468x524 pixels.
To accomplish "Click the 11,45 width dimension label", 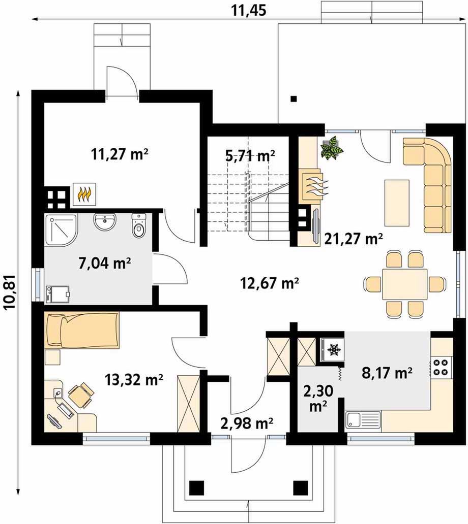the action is (x=248, y=10).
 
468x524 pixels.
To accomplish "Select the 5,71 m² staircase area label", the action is (x=250, y=156).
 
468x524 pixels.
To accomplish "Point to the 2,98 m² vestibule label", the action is (x=247, y=423).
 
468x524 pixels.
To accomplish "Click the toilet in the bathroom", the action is (x=139, y=225).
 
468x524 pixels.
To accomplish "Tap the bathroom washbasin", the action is (x=105, y=221).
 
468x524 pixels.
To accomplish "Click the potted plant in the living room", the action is (x=332, y=147).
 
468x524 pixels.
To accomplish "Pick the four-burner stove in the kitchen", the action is (x=441, y=367).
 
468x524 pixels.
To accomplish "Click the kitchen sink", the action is (x=363, y=420).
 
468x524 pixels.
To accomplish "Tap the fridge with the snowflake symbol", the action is (x=332, y=349).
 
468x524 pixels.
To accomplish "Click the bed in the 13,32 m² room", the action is (x=82, y=330).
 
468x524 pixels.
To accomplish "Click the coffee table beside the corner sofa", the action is (x=397, y=203).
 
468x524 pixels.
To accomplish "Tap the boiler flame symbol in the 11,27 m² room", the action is (x=84, y=193).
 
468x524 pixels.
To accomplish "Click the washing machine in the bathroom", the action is (x=57, y=294).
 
